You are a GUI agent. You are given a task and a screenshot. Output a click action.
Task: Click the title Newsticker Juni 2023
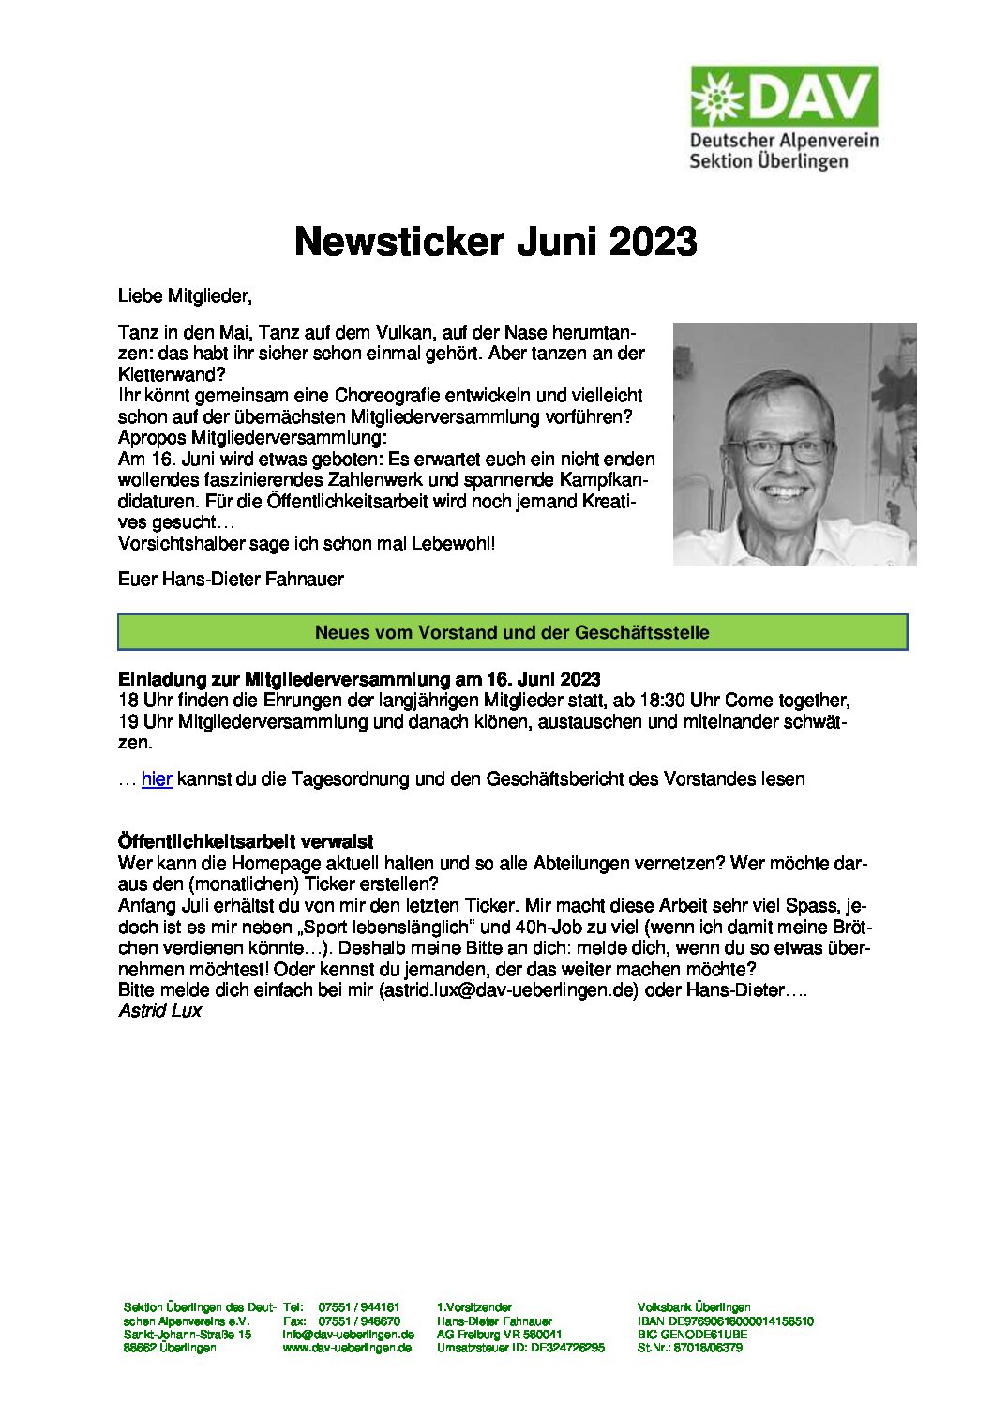(x=495, y=242)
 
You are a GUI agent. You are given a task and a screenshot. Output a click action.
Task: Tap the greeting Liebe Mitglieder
(x=185, y=296)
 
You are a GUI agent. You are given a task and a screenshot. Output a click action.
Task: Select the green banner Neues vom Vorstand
(x=512, y=632)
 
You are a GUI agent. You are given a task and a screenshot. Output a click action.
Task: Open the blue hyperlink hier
(x=157, y=779)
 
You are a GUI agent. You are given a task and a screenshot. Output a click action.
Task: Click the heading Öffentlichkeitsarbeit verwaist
(x=246, y=841)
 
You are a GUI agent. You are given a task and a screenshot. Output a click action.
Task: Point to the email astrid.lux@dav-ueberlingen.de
(x=508, y=990)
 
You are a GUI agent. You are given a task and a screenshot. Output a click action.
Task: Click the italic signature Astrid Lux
(x=159, y=1011)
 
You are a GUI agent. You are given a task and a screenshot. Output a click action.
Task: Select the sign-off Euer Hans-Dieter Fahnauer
(x=231, y=580)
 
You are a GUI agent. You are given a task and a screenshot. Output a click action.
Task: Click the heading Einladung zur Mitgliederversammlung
(x=359, y=679)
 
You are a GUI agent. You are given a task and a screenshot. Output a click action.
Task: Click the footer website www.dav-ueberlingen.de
(x=347, y=1348)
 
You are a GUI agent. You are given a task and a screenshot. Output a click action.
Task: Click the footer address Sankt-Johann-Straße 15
(x=188, y=1334)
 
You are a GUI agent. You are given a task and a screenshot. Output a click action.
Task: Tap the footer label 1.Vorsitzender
(x=474, y=1306)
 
